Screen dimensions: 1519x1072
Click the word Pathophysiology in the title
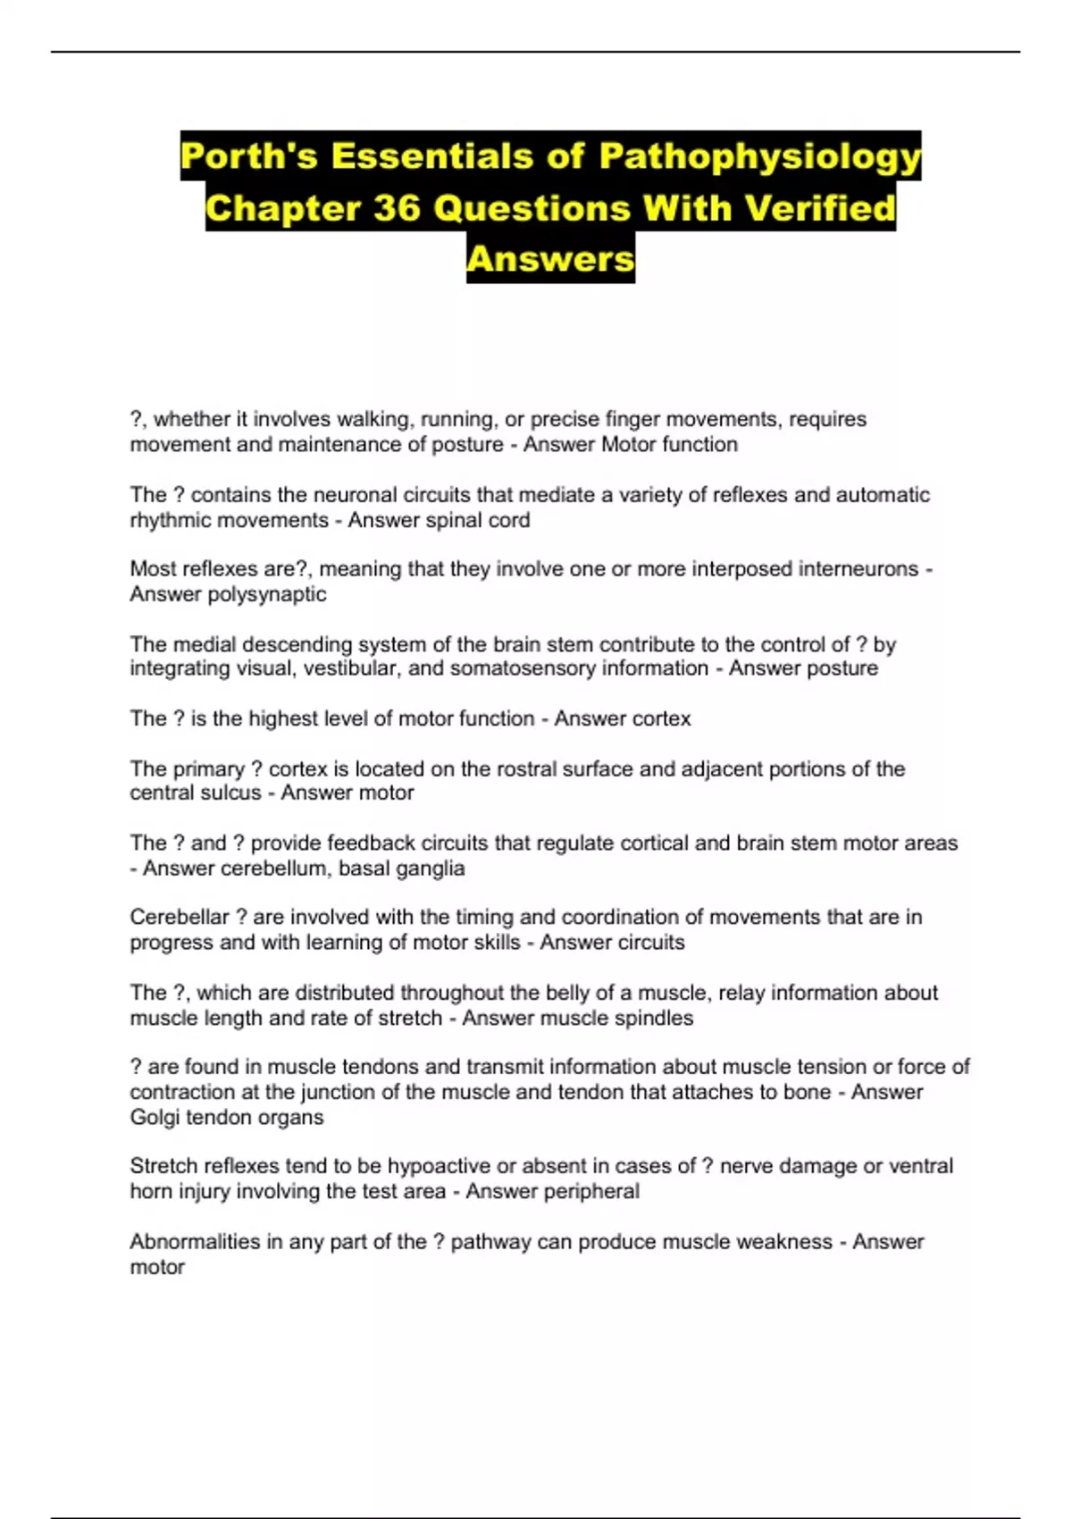759,157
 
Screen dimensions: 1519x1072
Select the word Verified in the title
819,208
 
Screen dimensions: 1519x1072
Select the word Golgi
155,1117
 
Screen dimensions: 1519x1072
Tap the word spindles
653,1018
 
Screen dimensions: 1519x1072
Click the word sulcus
228,793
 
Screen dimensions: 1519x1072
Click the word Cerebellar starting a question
180,917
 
